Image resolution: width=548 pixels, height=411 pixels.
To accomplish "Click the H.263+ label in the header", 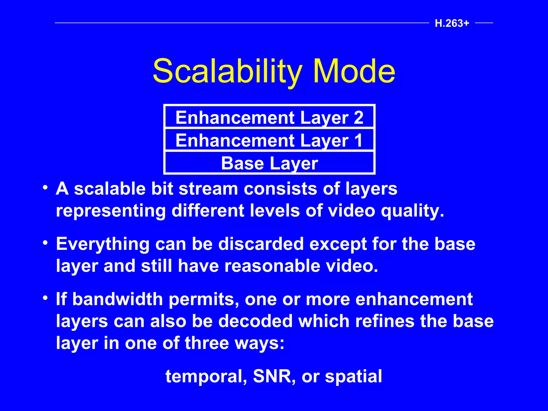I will (452, 23).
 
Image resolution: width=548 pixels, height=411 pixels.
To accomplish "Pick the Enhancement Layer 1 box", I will (269, 140).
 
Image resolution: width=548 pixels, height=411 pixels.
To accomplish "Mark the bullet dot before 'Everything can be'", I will (45, 242).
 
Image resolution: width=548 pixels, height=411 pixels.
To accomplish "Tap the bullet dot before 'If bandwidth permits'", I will (45, 298).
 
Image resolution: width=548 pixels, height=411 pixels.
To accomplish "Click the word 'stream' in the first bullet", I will (208, 189).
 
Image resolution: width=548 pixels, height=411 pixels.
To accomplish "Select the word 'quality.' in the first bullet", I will (412, 211).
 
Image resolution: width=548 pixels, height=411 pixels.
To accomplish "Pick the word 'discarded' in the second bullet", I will (261, 244).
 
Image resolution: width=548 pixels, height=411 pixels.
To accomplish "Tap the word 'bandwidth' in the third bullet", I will (117, 299).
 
